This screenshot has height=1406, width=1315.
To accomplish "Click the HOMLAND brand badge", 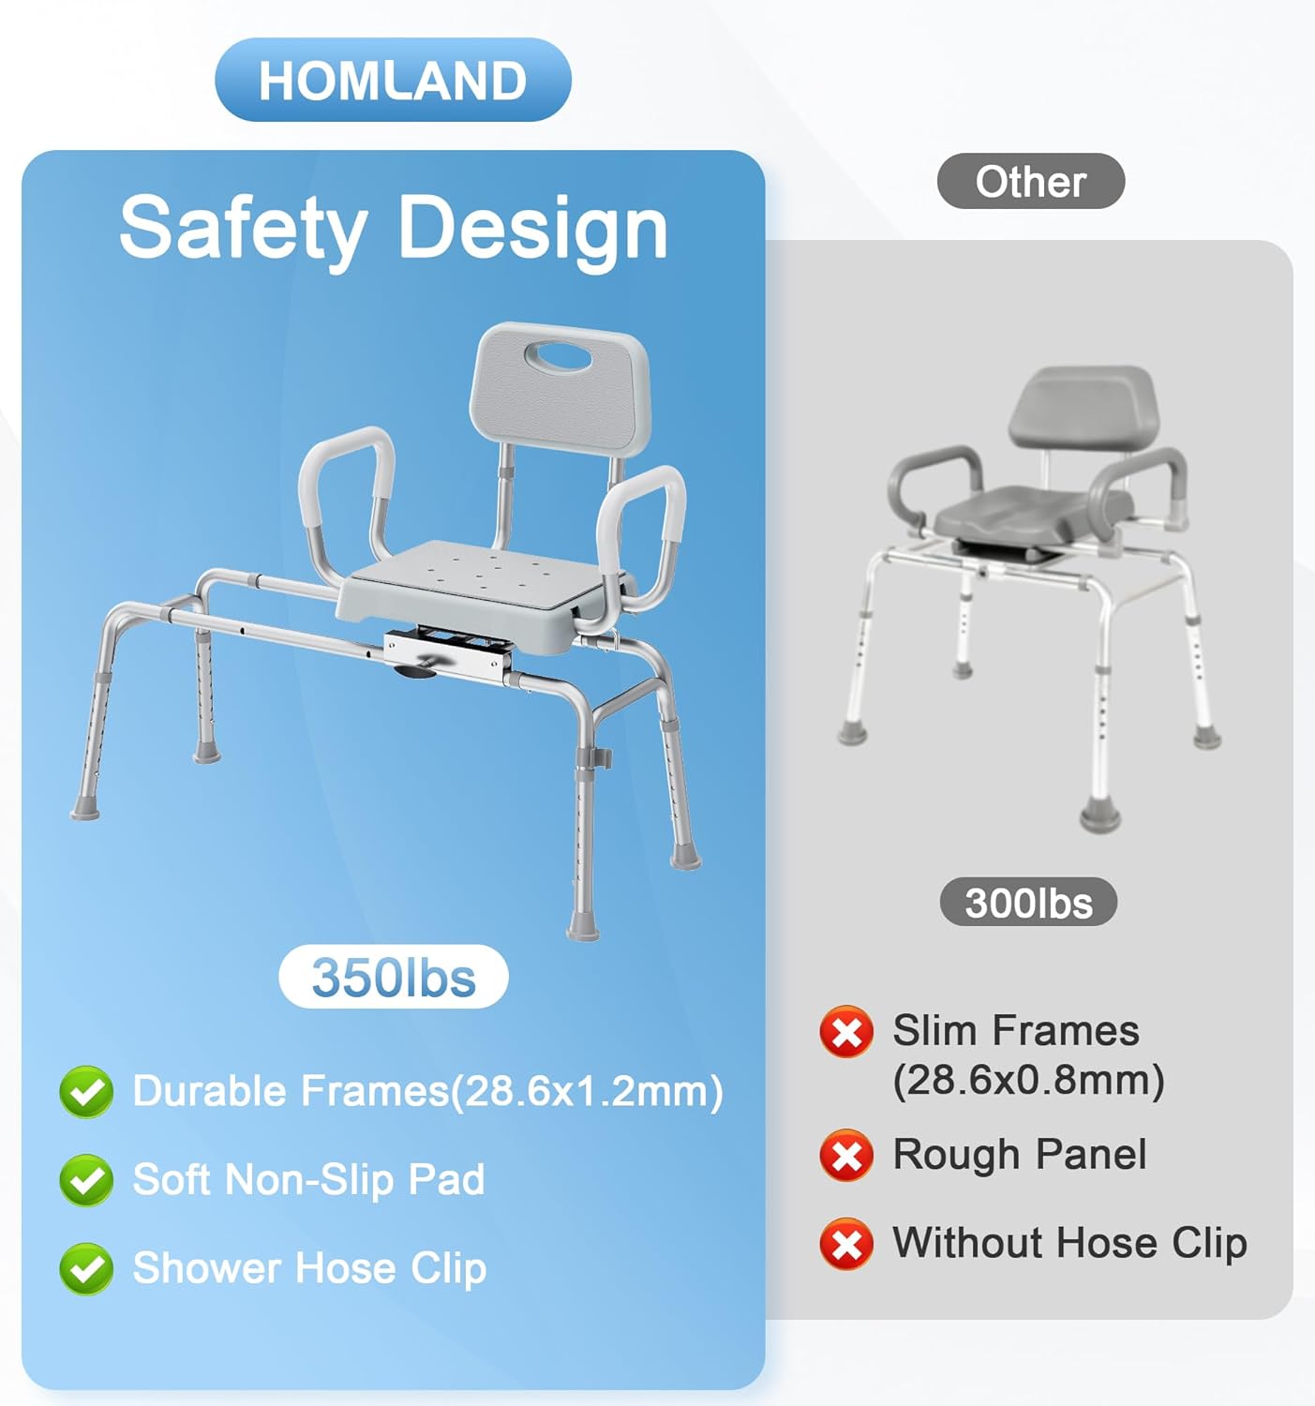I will click(x=393, y=81).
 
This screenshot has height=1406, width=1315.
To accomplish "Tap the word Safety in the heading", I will click(x=243, y=229).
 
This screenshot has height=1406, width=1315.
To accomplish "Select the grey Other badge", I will click(x=1030, y=181).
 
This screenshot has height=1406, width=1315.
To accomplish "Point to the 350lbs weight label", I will click(x=394, y=977).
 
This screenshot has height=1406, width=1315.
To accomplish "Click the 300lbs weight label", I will click(x=1028, y=903).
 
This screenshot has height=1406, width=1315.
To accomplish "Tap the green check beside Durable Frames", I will click(x=86, y=1092).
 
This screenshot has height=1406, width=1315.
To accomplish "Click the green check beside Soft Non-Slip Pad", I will click(x=86, y=1180).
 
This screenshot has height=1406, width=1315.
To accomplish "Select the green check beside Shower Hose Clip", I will click(x=86, y=1268).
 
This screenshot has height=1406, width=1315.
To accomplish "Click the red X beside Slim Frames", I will click(x=846, y=1032).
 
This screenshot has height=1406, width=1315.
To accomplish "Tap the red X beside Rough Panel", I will click(x=846, y=1155).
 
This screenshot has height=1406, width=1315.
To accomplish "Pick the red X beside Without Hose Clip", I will click(x=846, y=1243).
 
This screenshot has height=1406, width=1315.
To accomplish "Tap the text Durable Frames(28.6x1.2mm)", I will click(x=427, y=1091).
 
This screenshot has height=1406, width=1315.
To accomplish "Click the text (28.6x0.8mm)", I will click(x=1028, y=1080).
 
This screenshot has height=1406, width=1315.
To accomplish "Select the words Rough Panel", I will click(x=1019, y=1154).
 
